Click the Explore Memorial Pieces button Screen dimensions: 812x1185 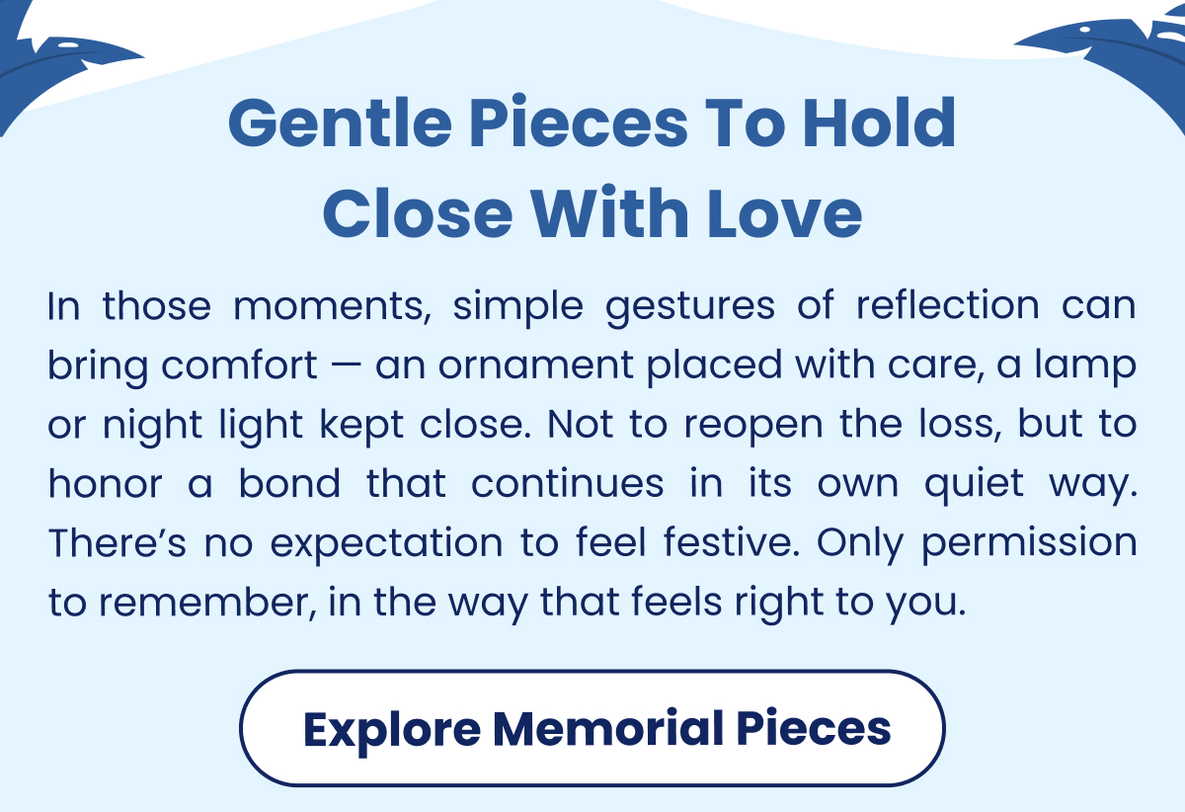click(592, 728)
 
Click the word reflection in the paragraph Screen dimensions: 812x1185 click(947, 307)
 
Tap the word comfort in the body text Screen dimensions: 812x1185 click(238, 366)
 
